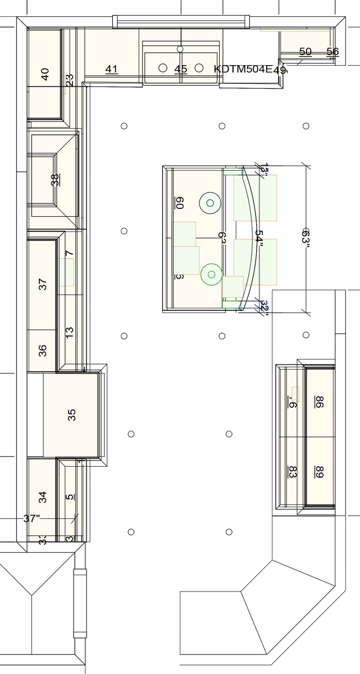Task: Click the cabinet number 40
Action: pyautogui.click(x=45, y=74)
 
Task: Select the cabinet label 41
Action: pyautogui.click(x=112, y=69)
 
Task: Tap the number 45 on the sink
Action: pyautogui.click(x=180, y=69)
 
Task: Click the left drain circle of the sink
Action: pyautogui.click(x=163, y=68)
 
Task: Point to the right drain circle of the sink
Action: pyautogui.click(x=198, y=68)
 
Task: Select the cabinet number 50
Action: pyautogui.click(x=305, y=52)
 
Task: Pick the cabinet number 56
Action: pyautogui.click(x=332, y=52)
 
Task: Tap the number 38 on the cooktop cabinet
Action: pyautogui.click(x=54, y=180)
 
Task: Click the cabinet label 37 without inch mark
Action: pyautogui.click(x=43, y=284)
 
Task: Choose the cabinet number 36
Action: pyautogui.click(x=43, y=350)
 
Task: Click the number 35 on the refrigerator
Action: pyautogui.click(x=71, y=415)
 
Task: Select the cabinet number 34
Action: pyautogui.click(x=43, y=497)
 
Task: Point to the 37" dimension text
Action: pyautogui.click(x=32, y=518)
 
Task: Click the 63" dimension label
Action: pyautogui.click(x=306, y=236)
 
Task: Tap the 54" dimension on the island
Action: pyautogui.click(x=258, y=236)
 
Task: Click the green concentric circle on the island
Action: pyautogui.click(x=212, y=274)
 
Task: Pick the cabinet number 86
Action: pyautogui.click(x=319, y=402)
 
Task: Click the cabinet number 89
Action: pyautogui.click(x=319, y=472)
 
